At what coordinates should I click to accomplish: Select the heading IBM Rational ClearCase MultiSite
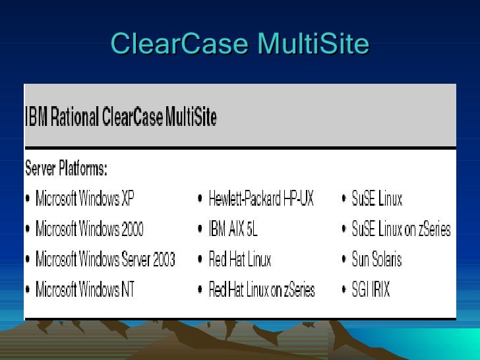pos(121,117)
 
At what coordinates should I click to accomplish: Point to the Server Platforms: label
pos(66,168)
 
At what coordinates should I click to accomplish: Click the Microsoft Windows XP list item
pos(84,198)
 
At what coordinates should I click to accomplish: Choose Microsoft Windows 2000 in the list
pos(89,229)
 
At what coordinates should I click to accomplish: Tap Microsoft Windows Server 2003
pos(105,259)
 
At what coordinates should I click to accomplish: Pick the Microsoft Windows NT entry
pos(84,289)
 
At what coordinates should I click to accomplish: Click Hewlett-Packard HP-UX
pos(261,198)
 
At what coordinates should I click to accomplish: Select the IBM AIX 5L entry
pos(233,229)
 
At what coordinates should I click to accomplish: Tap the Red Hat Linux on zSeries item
pos(262,289)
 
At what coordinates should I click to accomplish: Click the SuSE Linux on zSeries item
pos(401,229)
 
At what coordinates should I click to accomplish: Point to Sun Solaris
pos(376,259)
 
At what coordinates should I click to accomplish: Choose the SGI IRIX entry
pos(371,289)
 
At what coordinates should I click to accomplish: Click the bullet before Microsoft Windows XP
pos(28,199)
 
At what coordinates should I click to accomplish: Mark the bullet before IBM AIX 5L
pos(200,229)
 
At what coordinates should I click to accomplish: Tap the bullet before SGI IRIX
pos(344,290)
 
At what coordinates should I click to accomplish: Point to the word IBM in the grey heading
pos(33,117)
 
